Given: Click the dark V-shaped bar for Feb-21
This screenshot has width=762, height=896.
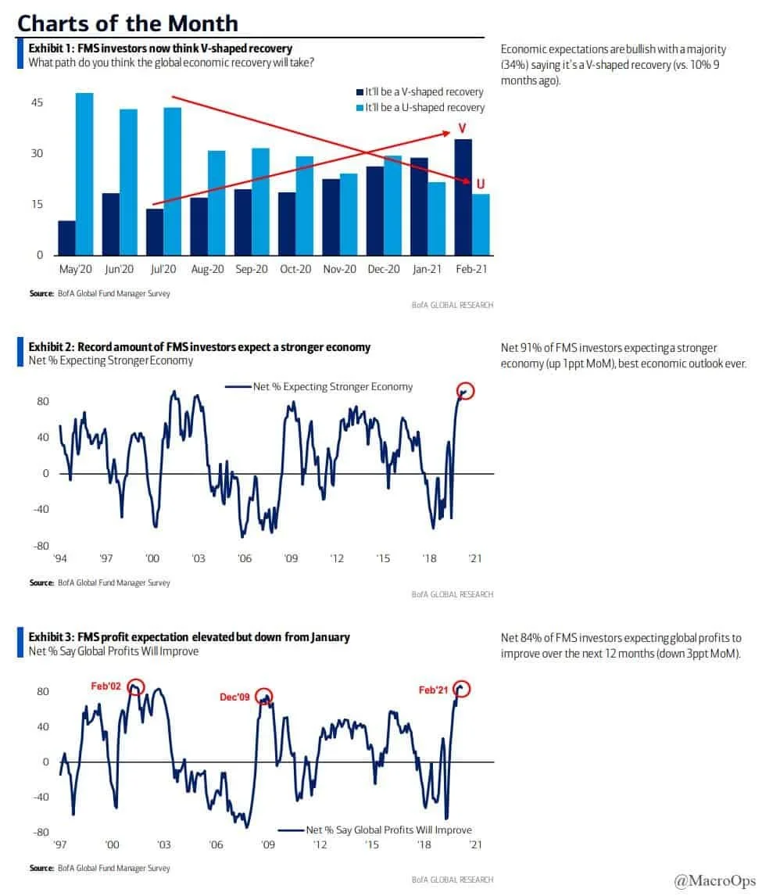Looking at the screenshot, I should coord(463,197).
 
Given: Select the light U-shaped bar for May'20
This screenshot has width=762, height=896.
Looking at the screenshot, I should coord(84,174).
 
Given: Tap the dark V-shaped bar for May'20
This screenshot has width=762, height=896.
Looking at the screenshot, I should coord(67,238).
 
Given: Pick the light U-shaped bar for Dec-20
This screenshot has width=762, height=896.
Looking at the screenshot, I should coord(392,206).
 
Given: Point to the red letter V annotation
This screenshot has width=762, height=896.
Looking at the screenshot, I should coord(462,128).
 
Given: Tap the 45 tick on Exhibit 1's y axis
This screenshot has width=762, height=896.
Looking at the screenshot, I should coord(37,102).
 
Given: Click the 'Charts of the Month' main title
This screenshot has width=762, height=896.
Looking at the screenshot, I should coord(127,22).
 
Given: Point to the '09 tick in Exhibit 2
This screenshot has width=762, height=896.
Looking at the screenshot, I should coord(291,558).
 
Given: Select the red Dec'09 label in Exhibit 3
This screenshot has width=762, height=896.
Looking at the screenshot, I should coord(234,696).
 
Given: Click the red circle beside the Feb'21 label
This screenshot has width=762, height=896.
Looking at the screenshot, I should coord(462,689).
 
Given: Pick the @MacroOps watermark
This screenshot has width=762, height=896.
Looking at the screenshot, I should coord(715,882).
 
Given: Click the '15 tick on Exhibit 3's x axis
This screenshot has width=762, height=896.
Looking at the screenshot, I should coord(371,845).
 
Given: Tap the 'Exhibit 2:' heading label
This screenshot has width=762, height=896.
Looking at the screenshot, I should coord(52,346).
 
